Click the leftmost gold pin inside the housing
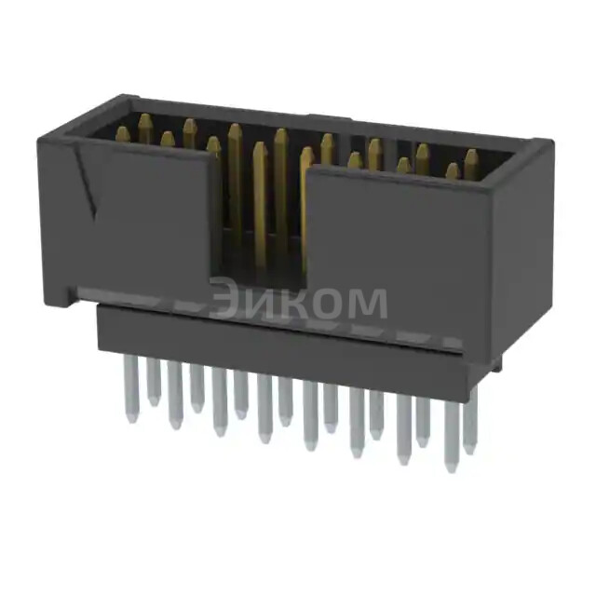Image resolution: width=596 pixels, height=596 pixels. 123,134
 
